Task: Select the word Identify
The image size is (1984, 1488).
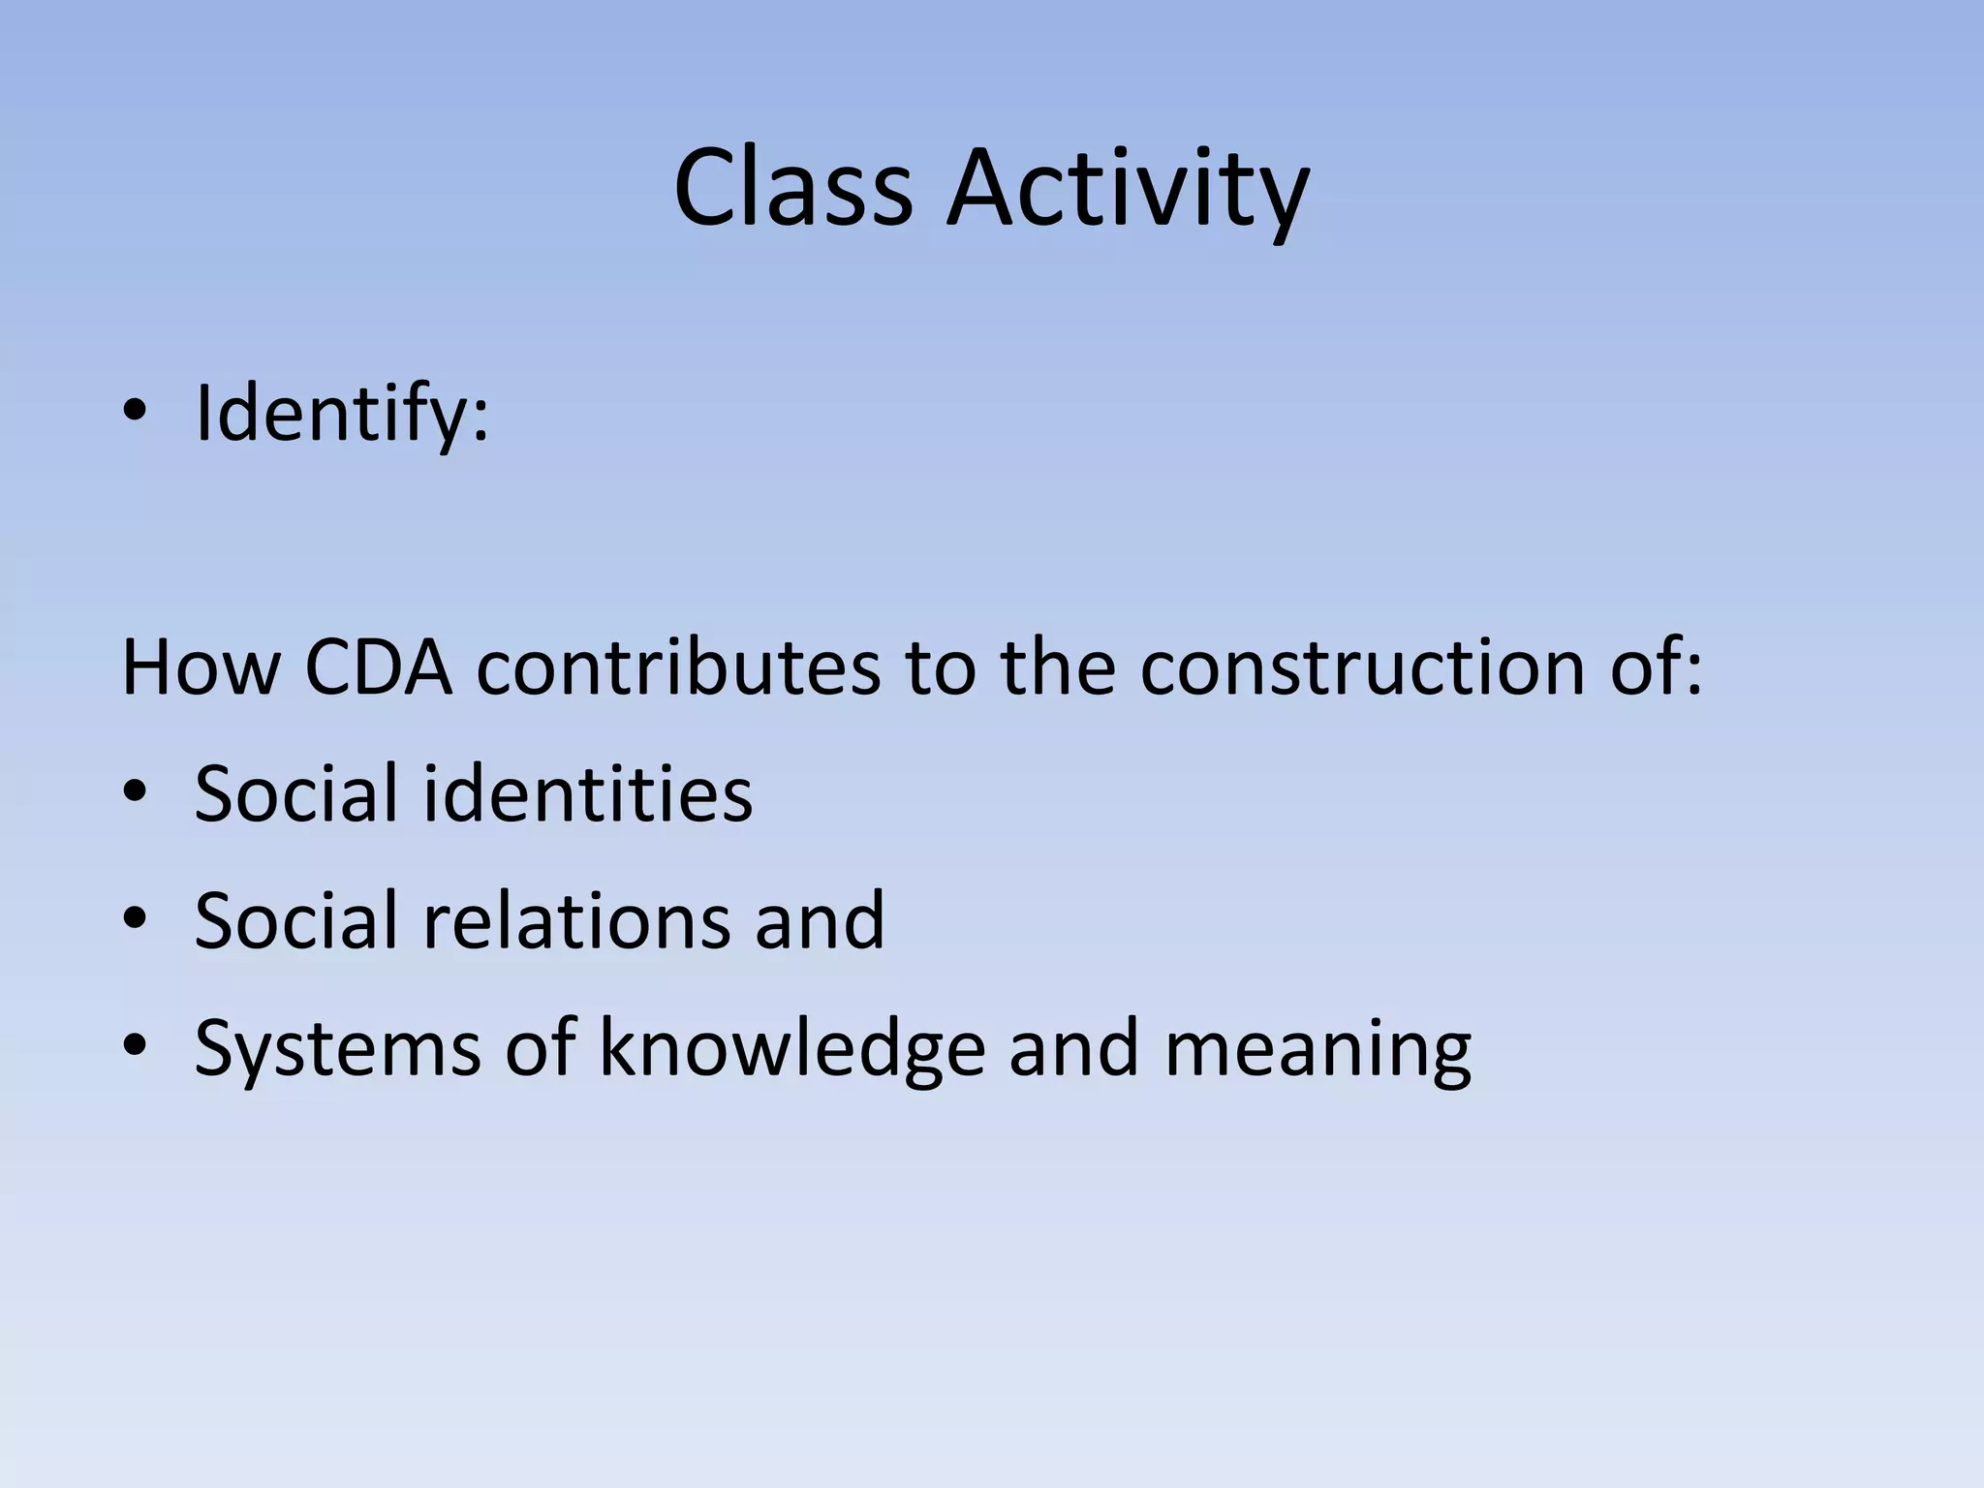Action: click(x=329, y=415)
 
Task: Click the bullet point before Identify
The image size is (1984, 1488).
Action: click(x=135, y=414)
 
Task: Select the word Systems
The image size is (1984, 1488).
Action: click(x=337, y=1048)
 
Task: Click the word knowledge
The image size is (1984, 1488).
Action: click(x=791, y=1048)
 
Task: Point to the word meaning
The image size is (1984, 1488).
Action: click(x=1317, y=1048)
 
